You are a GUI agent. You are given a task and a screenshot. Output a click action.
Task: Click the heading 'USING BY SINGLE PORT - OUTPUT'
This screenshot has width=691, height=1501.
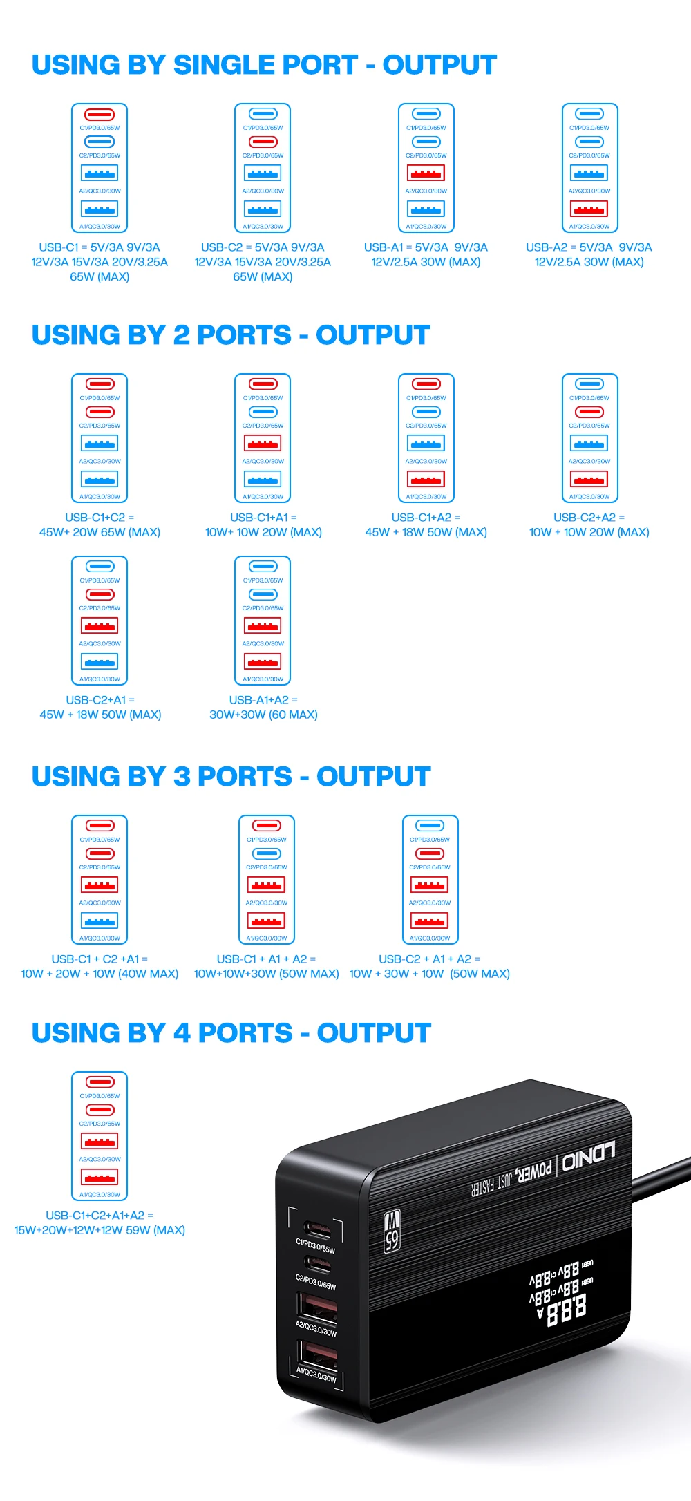coord(264,65)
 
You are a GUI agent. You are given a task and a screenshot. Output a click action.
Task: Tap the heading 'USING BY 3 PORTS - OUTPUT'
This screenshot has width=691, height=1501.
coord(231,776)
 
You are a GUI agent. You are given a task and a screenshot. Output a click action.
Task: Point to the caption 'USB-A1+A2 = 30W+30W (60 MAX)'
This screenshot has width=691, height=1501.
coord(263,707)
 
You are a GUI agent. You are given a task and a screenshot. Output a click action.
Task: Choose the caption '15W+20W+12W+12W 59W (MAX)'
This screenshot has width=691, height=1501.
coord(100,1230)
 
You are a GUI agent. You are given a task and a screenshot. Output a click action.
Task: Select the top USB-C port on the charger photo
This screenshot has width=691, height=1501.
coord(319,1231)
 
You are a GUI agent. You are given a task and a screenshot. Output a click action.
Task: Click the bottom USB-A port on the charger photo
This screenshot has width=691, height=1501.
coord(317,1354)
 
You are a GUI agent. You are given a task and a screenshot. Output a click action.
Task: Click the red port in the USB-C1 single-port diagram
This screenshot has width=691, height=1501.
coord(100,114)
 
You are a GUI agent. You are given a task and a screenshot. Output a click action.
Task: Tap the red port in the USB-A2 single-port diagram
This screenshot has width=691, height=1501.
coord(589,208)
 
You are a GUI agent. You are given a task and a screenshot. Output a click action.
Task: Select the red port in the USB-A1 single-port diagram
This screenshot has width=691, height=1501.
coord(426,173)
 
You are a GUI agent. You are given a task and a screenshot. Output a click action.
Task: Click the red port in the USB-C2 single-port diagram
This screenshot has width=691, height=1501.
coord(263,142)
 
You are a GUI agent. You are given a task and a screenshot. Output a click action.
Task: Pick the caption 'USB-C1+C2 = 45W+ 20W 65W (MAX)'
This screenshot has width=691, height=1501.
coord(100,525)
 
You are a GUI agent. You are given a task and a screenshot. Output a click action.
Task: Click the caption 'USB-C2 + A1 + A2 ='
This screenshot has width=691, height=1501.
coord(429,959)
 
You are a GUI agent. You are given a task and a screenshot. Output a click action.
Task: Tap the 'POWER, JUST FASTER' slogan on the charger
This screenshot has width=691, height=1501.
coord(512,1179)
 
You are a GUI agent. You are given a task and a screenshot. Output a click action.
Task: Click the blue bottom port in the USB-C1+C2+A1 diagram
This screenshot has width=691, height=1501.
coord(100,921)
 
